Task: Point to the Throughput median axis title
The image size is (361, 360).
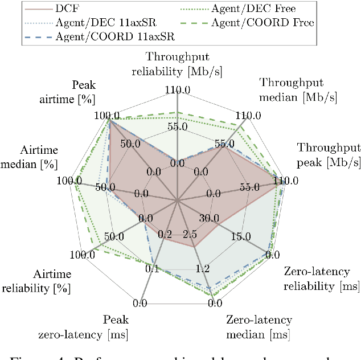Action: [x=298, y=90]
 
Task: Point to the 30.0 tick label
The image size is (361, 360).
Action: [x=209, y=218]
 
